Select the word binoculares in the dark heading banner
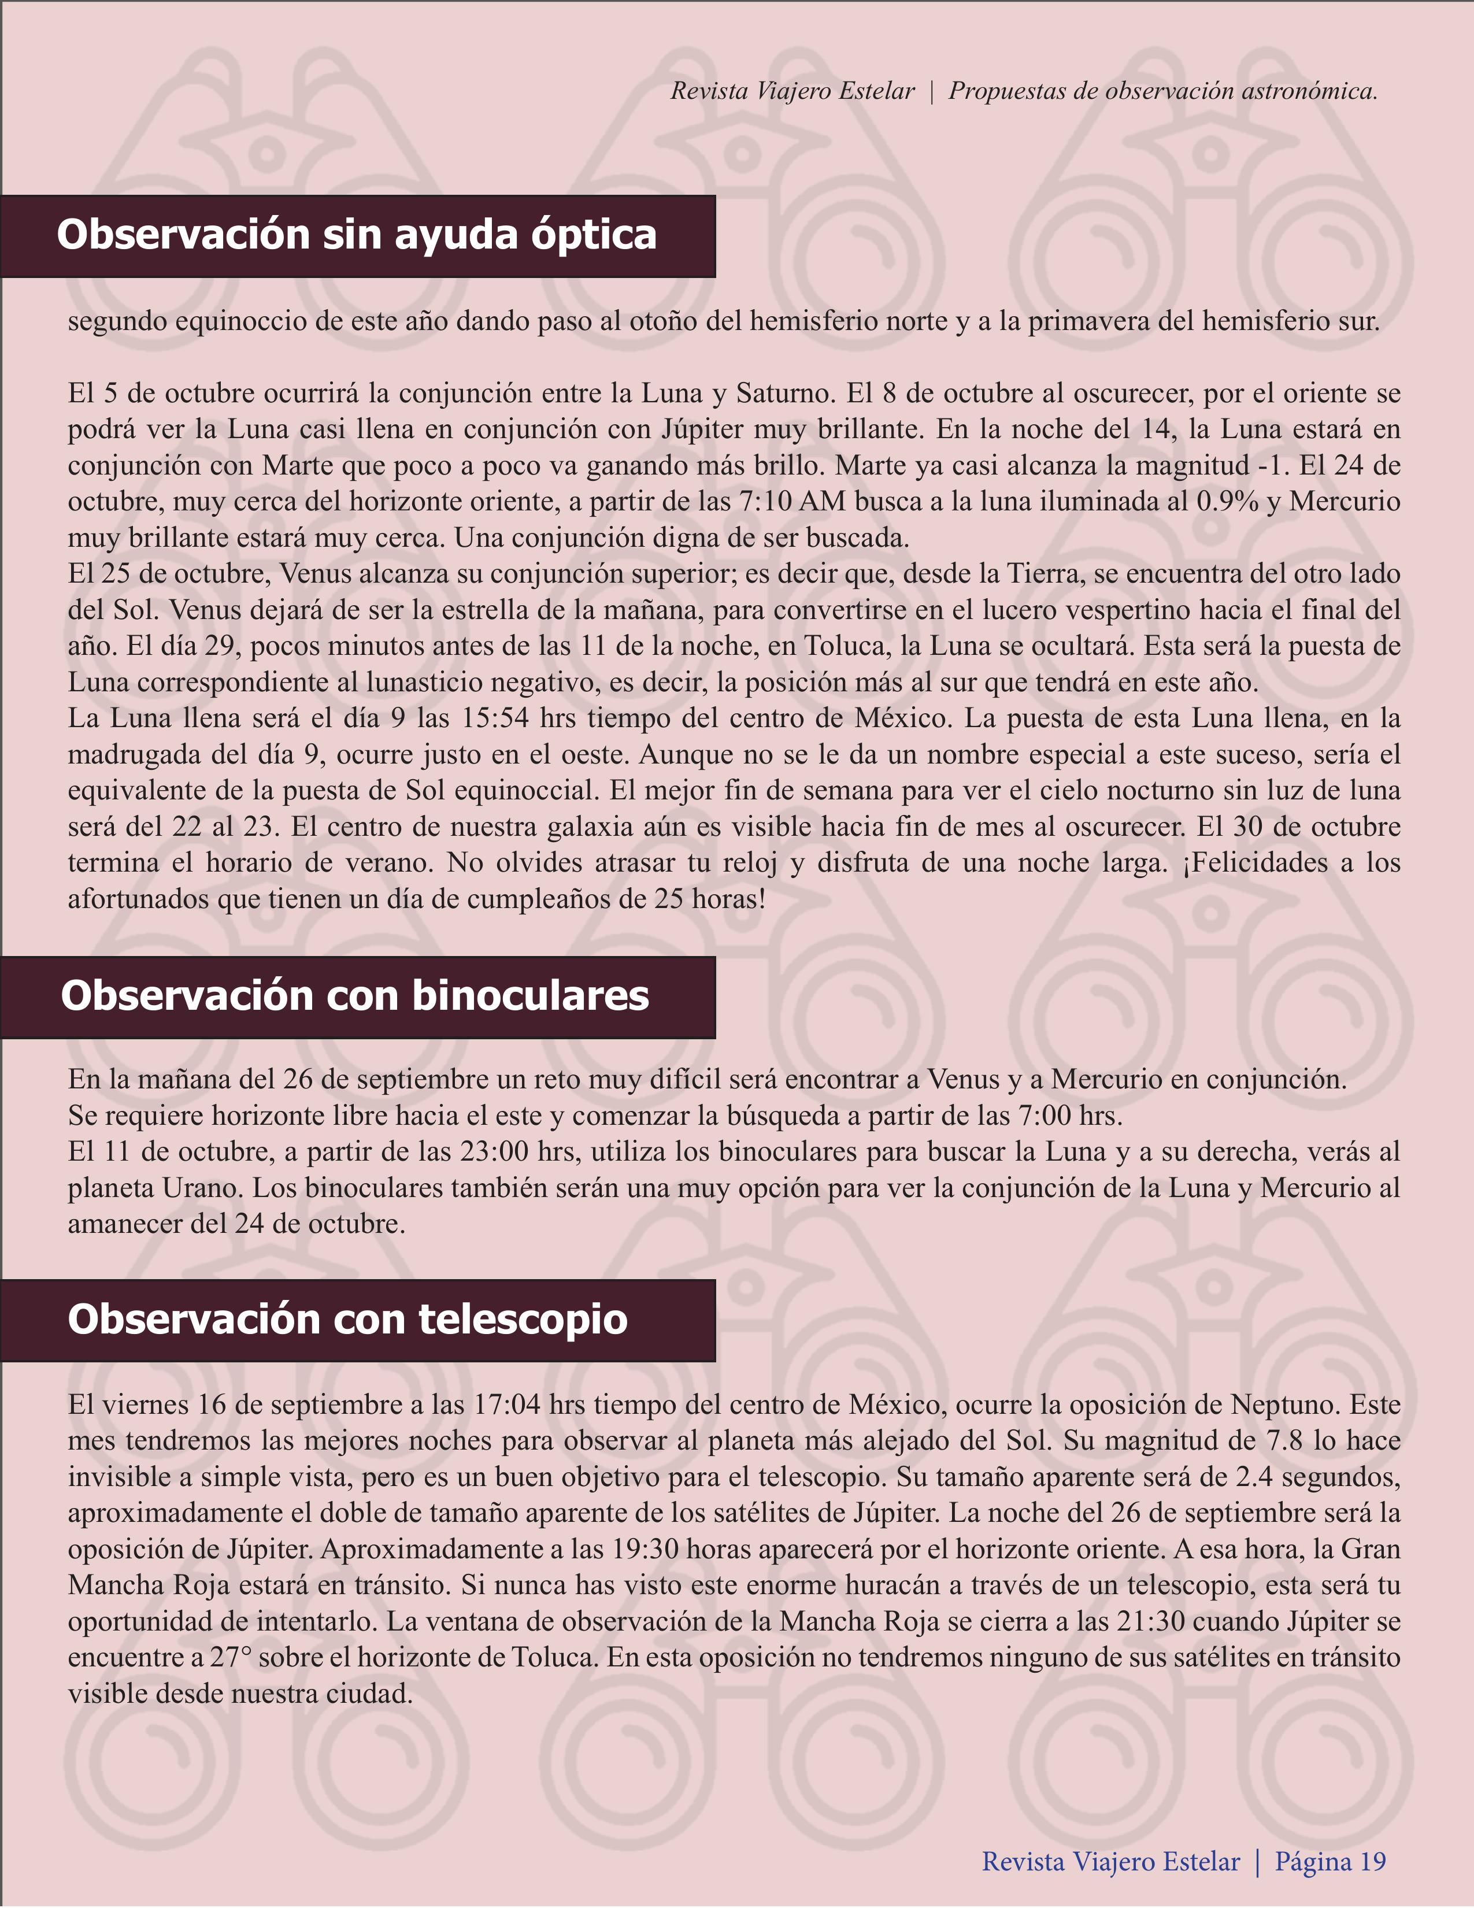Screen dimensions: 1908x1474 click(x=531, y=996)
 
